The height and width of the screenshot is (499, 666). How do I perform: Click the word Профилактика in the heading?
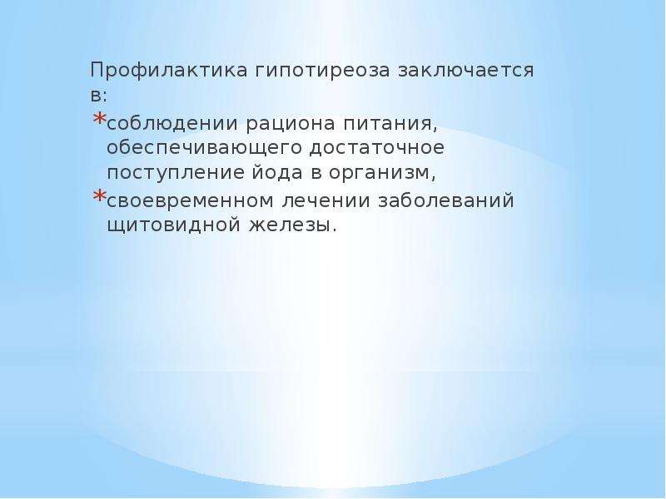169,71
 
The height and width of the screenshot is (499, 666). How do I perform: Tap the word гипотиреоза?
322,71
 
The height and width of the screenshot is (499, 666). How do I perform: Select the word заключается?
465,71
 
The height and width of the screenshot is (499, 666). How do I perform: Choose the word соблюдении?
172,124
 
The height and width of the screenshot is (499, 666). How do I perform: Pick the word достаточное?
377,148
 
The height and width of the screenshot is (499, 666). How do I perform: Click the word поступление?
172,174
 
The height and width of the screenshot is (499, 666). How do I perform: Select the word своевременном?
191,201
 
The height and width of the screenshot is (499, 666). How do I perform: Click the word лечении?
326,201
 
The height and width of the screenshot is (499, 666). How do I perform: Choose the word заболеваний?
446,200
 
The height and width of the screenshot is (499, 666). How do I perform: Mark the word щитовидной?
174,225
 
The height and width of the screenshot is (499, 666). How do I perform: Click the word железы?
293,225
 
